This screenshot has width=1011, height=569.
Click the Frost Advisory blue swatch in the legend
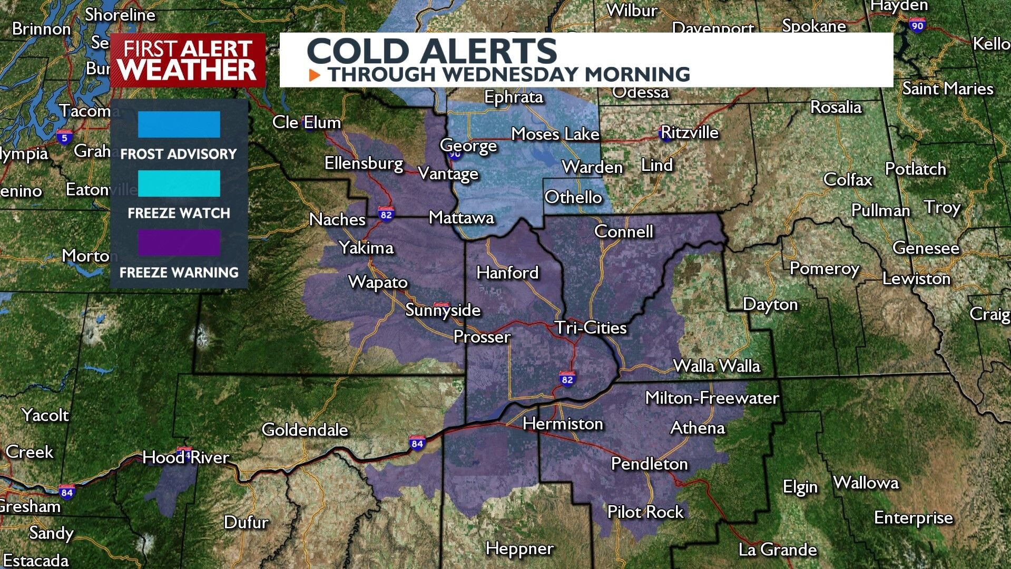pyautogui.click(x=179, y=124)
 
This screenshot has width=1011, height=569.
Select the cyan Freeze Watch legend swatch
pyautogui.click(x=179, y=184)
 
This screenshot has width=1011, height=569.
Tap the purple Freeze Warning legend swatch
pyautogui.click(x=179, y=243)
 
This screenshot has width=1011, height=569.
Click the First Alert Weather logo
pyautogui.click(x=187, y=60)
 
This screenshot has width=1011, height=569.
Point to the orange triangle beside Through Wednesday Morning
pyautogui.click(x=315, y=75)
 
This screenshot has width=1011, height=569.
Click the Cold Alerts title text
pyautogui.click(x=431, y=51)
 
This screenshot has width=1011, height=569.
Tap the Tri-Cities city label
pyautogui.click(x=591, y=328)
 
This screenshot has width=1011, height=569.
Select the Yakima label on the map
pyautogui.click(x=366, y=247)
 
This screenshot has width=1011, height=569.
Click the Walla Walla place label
pyautogui.click(x=716, y=366)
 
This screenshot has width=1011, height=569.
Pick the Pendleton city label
pyautogui.click(x=649, y=464)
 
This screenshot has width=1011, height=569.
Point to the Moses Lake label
pyautogui.click(x=555, y=134)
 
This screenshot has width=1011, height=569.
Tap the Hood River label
pyautogui.click(x=185, y=457)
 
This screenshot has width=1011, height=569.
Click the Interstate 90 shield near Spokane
pyautogui.click(x=917, y=25)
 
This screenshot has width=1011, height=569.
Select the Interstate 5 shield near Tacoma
pyautogui.click(x=64, y=137)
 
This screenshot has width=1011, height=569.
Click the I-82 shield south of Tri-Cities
pyautogui.click(x=567, y=379)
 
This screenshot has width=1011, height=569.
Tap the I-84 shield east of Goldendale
pyautogui.click(x=417, y=443)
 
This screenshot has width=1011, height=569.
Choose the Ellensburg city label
pyautogui.click(x=364, y=163)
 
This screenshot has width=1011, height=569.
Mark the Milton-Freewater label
pyautogui.click(x=712, y=398)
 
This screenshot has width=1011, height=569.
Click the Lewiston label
pyautogui.click(x=916, y=278)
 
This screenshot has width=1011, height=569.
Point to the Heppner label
pyautogui.click(x=519, y=548)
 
